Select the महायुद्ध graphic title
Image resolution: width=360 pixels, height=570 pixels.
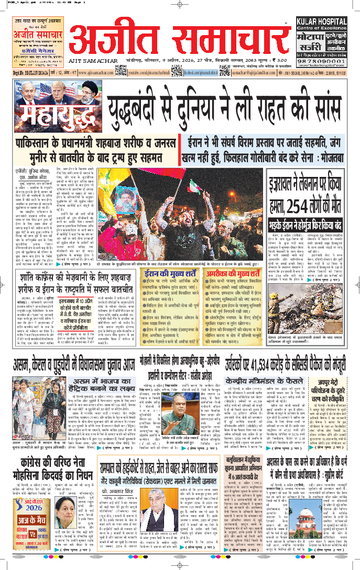coord(50,115)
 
